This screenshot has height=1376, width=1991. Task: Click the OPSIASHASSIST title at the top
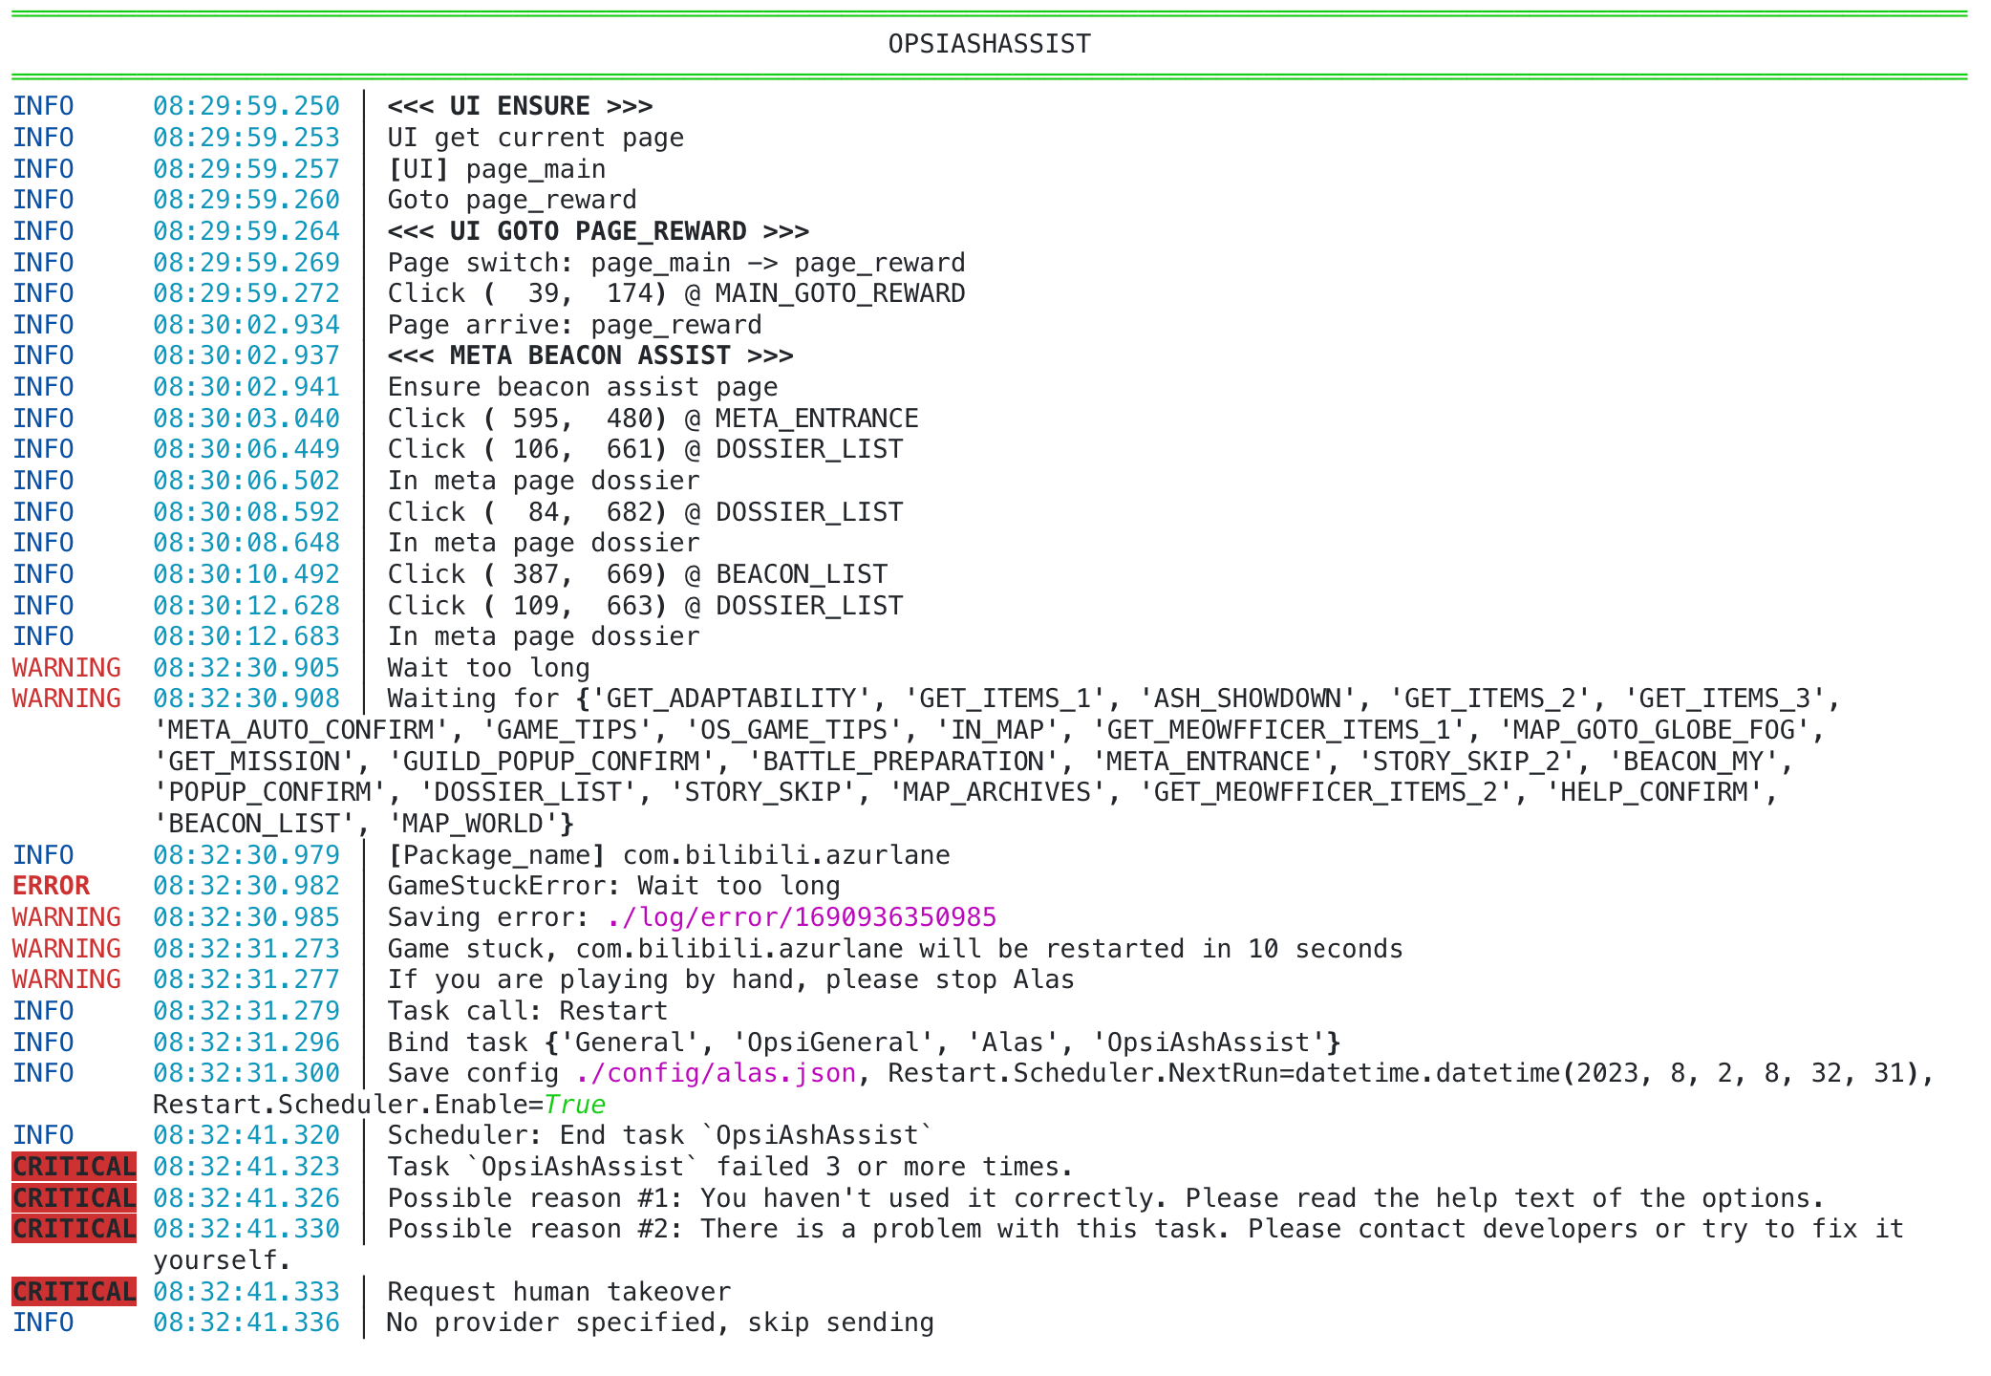989,44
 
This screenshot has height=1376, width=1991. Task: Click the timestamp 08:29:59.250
246,106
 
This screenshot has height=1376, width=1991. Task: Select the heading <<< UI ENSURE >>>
520,106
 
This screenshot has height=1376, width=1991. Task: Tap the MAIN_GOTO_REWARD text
840,293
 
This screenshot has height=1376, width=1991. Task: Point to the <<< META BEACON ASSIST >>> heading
589,355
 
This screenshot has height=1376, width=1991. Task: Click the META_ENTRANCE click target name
816,419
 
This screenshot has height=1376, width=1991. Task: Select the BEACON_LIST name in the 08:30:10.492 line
801,574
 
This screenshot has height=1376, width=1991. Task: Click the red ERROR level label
51,886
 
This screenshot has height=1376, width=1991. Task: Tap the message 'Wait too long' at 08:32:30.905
488,668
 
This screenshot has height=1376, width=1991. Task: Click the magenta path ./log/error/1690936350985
801,917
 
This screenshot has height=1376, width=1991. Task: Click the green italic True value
573,1105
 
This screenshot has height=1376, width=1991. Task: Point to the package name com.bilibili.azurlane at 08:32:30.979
785,855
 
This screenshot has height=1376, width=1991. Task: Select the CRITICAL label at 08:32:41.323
74,1167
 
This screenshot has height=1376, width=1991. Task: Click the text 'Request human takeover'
558,1292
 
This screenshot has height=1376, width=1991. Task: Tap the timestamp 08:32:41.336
246,1322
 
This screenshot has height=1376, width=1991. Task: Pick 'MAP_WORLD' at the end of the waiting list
472,824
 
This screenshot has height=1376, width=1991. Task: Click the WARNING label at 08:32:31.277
66,979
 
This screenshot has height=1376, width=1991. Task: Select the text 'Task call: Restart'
527,1011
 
